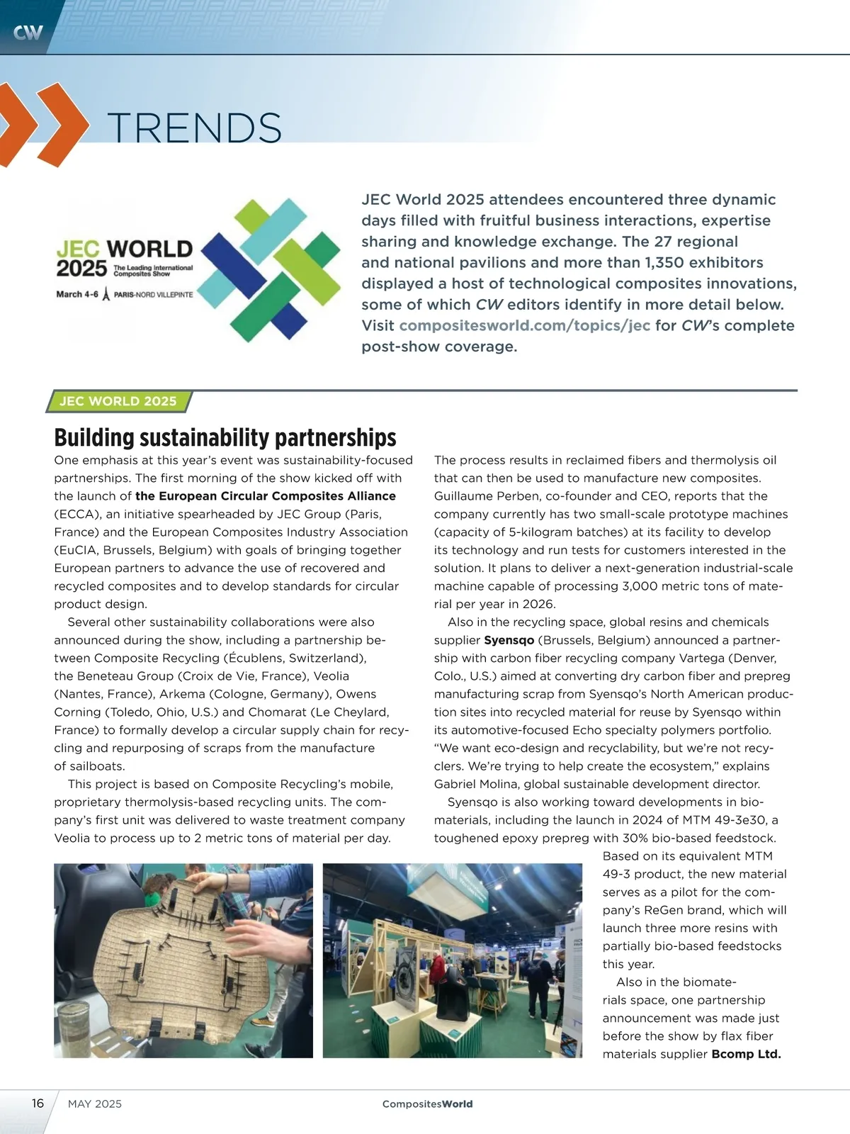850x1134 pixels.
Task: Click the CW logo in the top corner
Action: (x=28, y=32)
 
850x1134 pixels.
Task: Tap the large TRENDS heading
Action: (x=195, y=128)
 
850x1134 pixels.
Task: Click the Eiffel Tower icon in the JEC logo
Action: (x=106, y=294)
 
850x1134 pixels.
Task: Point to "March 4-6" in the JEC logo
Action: (x=77, y=294)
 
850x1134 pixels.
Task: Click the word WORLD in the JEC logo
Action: (x=149, y=249)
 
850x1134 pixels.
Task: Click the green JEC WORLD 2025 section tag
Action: (x=118, y=401)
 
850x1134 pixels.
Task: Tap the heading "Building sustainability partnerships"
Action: (x=225, y=437)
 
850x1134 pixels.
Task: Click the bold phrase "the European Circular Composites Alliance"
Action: (x=266, y=496)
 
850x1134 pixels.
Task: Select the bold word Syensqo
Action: (x=509, y=640)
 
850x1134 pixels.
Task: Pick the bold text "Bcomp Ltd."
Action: (x=746, y=1054)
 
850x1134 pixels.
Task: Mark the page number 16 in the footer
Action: (x=38, y=1104)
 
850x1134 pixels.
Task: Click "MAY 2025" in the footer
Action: (x=95, y=1104)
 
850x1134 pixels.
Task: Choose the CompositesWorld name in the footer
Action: (x=427, y=1104)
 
